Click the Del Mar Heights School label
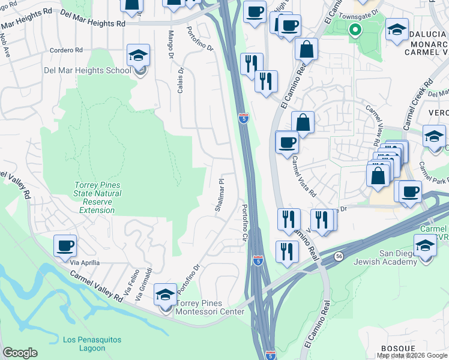[87, 70]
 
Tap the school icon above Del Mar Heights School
[138, 56]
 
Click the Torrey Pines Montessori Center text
[209, 307]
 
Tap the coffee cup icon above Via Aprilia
[65, 245]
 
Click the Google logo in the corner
[19, 353]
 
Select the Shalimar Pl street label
[220, 194]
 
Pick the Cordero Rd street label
[65, 50]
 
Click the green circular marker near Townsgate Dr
[355, 29]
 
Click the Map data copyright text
[412, 355]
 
